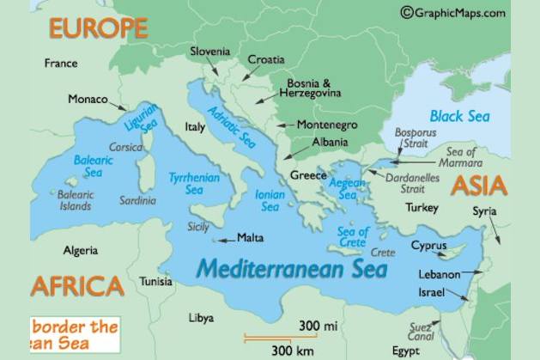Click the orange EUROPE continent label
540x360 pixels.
98,28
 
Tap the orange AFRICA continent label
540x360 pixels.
77,286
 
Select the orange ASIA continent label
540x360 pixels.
479,186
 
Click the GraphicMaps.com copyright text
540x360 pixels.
452,12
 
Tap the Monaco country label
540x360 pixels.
88,99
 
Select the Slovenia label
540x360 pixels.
210,52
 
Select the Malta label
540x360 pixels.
250,238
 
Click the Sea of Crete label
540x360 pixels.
353,235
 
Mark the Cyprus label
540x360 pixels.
428,245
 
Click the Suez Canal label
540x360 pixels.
422,331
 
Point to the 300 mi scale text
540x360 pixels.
319,326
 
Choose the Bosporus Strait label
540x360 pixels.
416,138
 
